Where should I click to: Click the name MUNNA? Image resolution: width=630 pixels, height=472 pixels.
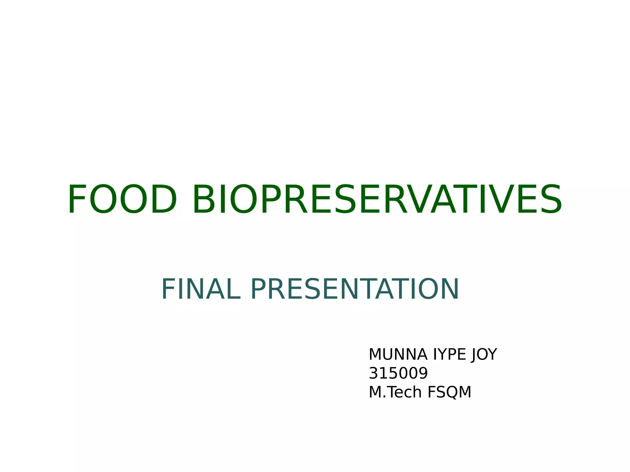[398, 355]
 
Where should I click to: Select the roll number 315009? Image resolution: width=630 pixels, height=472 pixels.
[398, 373]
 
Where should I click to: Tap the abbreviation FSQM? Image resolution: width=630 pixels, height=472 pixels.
[449, 392]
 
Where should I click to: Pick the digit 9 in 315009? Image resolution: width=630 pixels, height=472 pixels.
[423, 373]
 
